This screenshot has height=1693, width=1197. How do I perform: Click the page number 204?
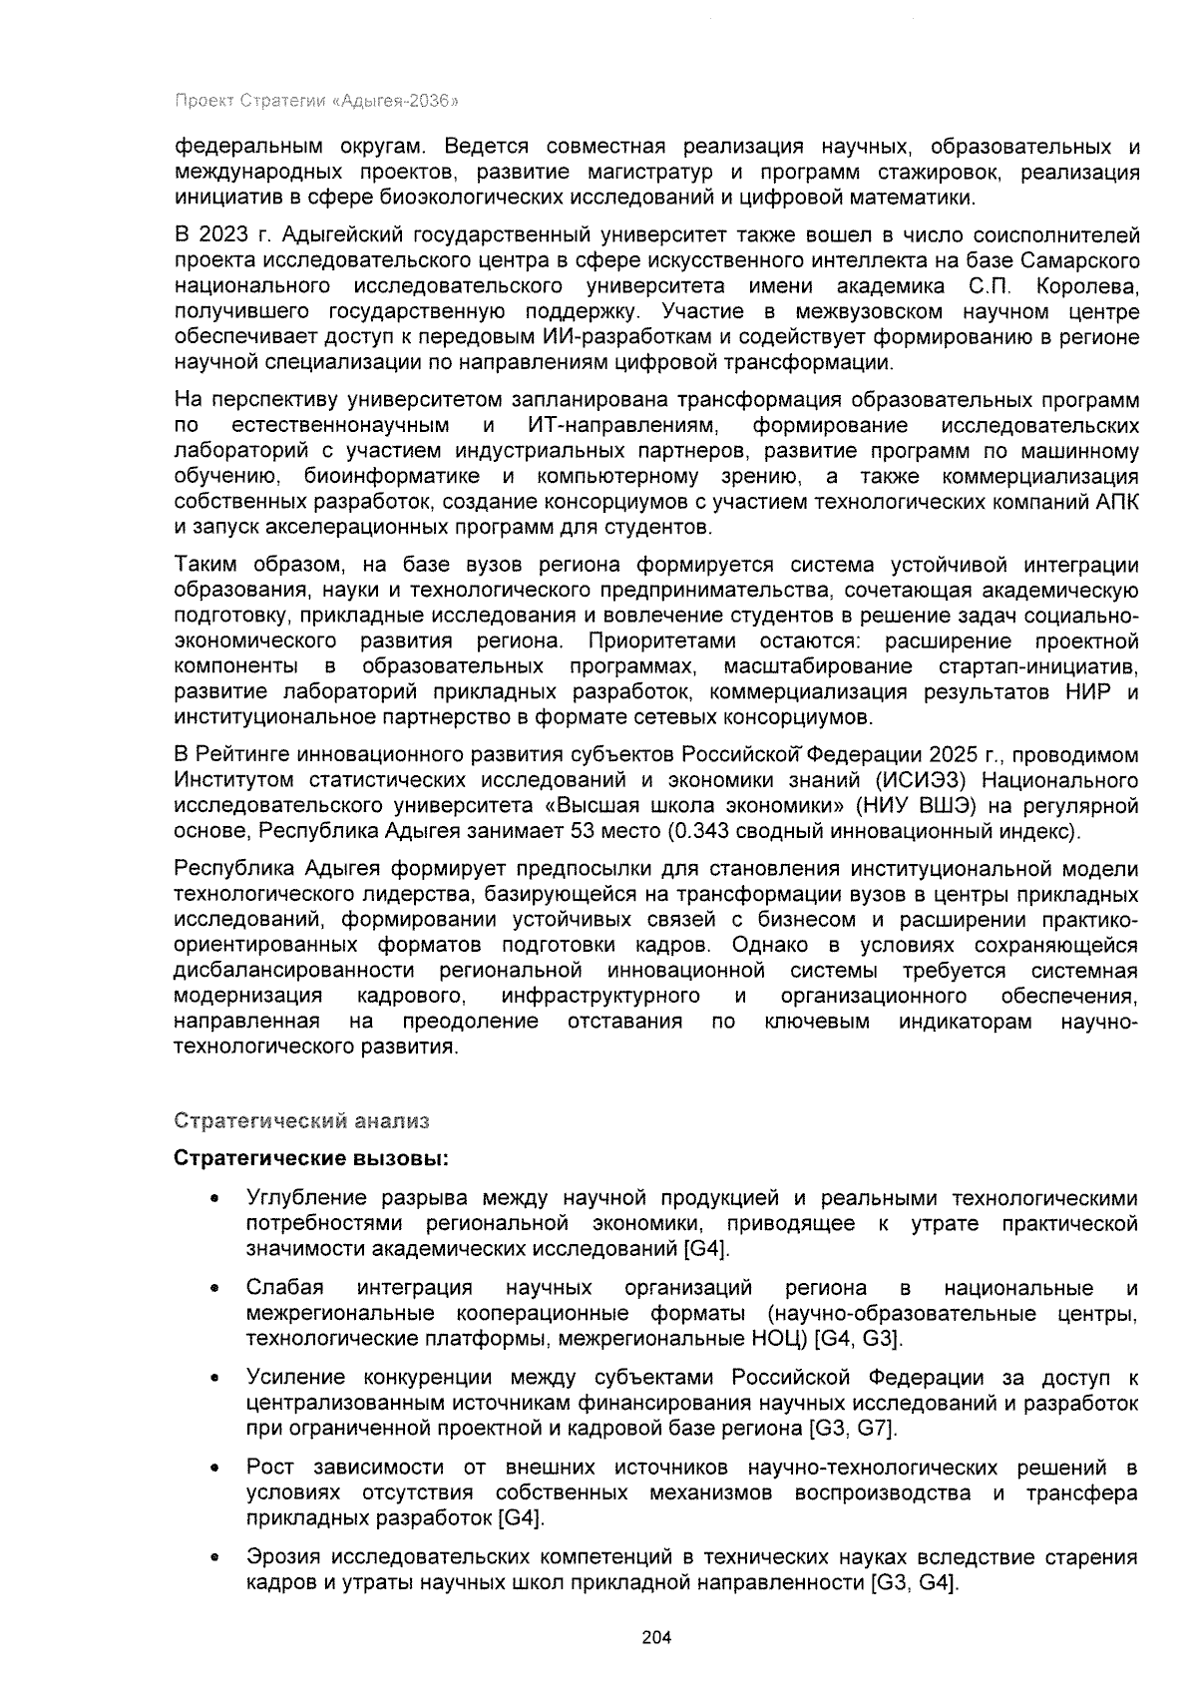point(656,1637)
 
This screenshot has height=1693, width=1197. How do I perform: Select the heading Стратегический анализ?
point(301,1120)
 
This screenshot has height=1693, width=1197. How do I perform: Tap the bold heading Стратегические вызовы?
point(311,1159)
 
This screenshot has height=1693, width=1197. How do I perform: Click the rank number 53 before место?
point(583,831)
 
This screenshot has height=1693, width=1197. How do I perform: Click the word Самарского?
point(1081,261)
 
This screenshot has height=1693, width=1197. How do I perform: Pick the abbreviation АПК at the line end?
point(1117,501)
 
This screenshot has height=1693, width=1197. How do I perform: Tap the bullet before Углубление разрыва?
point(213,1198)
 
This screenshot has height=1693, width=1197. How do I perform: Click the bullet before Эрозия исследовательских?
point(213,1557)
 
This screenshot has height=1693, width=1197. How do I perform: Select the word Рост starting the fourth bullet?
point(269,1468)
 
